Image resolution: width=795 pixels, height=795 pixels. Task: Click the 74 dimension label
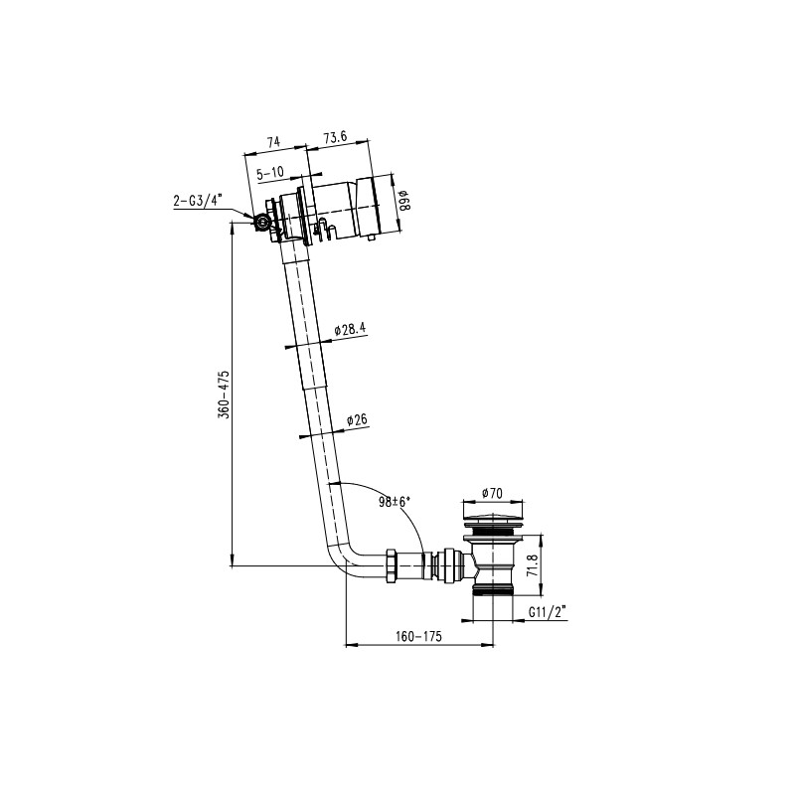pyautogui.click(x=273, y=141)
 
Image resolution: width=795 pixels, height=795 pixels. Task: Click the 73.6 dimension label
pyautogui.click(x=335, y=137)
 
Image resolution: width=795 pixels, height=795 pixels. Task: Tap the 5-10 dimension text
pyautogui.click(x=270, y=173)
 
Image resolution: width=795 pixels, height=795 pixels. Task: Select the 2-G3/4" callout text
pyautogui.click(x=198, y=201)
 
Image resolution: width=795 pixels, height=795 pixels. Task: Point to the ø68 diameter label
pyautogui.click(x=403, y=201)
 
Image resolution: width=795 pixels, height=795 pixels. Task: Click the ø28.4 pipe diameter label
pyautogui.click(x=351, y=330)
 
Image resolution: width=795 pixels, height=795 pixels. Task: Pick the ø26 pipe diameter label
pyautogui.click(x=357, y=419)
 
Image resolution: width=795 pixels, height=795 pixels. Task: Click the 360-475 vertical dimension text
pyautogui.click(x=225, y=395)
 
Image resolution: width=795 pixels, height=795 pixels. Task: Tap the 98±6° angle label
pyautogui.click(x=394, y=502)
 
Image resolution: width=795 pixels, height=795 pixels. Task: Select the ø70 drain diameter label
pyautogui.click(x=492, y=492)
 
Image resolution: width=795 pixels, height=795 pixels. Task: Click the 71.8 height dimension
pyautogui.click(x=532, y=565)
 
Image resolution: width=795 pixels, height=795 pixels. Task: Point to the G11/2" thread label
pyautogui.click(x=548, y=612)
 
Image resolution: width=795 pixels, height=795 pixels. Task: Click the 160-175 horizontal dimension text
pyautogui.click(x=418, y=636)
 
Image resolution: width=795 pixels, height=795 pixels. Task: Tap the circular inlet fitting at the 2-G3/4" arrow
pyautogui.click(x=262, y=222)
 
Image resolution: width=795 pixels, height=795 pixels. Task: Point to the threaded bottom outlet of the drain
pyautogui.click(x=493, y=588)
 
